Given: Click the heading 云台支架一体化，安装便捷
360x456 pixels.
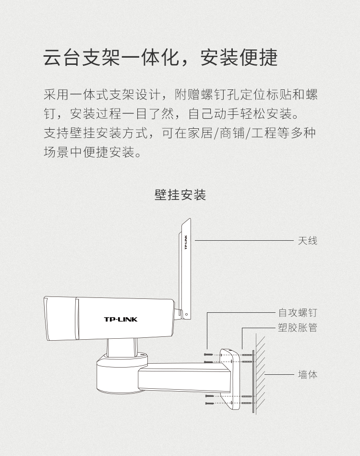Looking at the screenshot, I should (x=160, y=58).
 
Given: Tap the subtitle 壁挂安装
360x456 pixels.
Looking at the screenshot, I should (x=180, y=195).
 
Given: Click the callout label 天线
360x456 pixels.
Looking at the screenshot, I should (x=307, y=240).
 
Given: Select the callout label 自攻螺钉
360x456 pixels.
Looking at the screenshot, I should (x=298, y=313).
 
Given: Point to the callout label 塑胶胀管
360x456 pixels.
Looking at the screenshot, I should (x=298, y=328).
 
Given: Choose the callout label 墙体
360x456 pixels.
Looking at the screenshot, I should (x=307, y=374).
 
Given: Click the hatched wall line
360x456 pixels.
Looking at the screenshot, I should (x=260, y=375).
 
